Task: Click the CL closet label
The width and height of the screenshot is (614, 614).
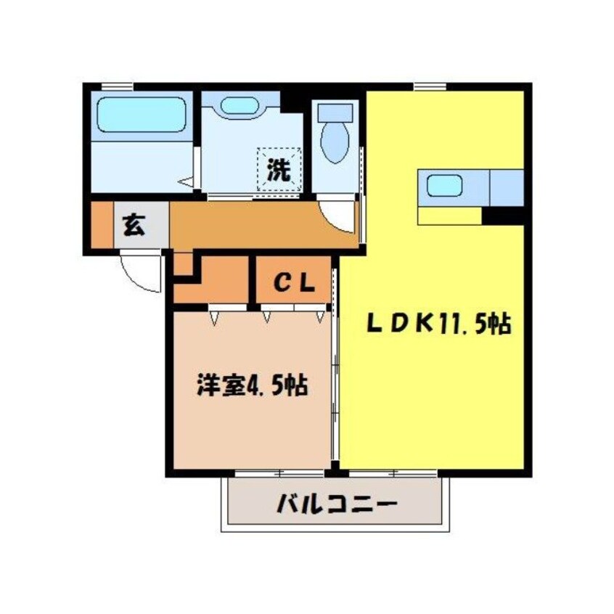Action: tap(293, 283)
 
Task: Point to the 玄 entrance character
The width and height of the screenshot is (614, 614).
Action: tap(132, 226)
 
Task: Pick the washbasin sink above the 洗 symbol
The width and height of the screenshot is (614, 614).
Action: tap(240, 106)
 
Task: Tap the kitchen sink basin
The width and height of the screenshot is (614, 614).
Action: tap(441, 187)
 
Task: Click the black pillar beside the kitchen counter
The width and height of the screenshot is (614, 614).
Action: tap(504, 215)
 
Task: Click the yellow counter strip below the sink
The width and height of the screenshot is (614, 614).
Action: tap(449, 216)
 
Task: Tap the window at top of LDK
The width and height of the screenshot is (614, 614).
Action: tap(429, 87)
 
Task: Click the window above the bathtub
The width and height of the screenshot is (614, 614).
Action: tap(117, 87)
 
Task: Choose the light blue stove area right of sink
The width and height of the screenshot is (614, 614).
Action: tap(507, 187)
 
